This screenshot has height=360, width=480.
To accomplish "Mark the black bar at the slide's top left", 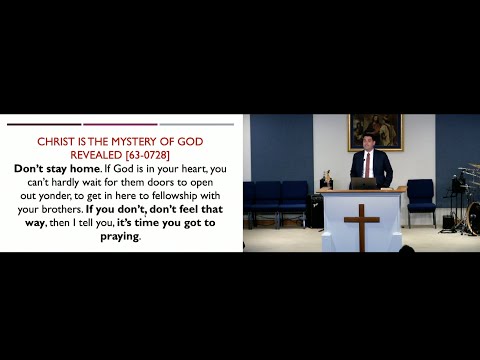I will click(43, 125).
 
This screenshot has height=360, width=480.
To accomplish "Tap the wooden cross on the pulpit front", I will click(361, 224).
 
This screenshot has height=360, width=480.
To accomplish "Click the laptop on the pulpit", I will click(362, 183).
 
